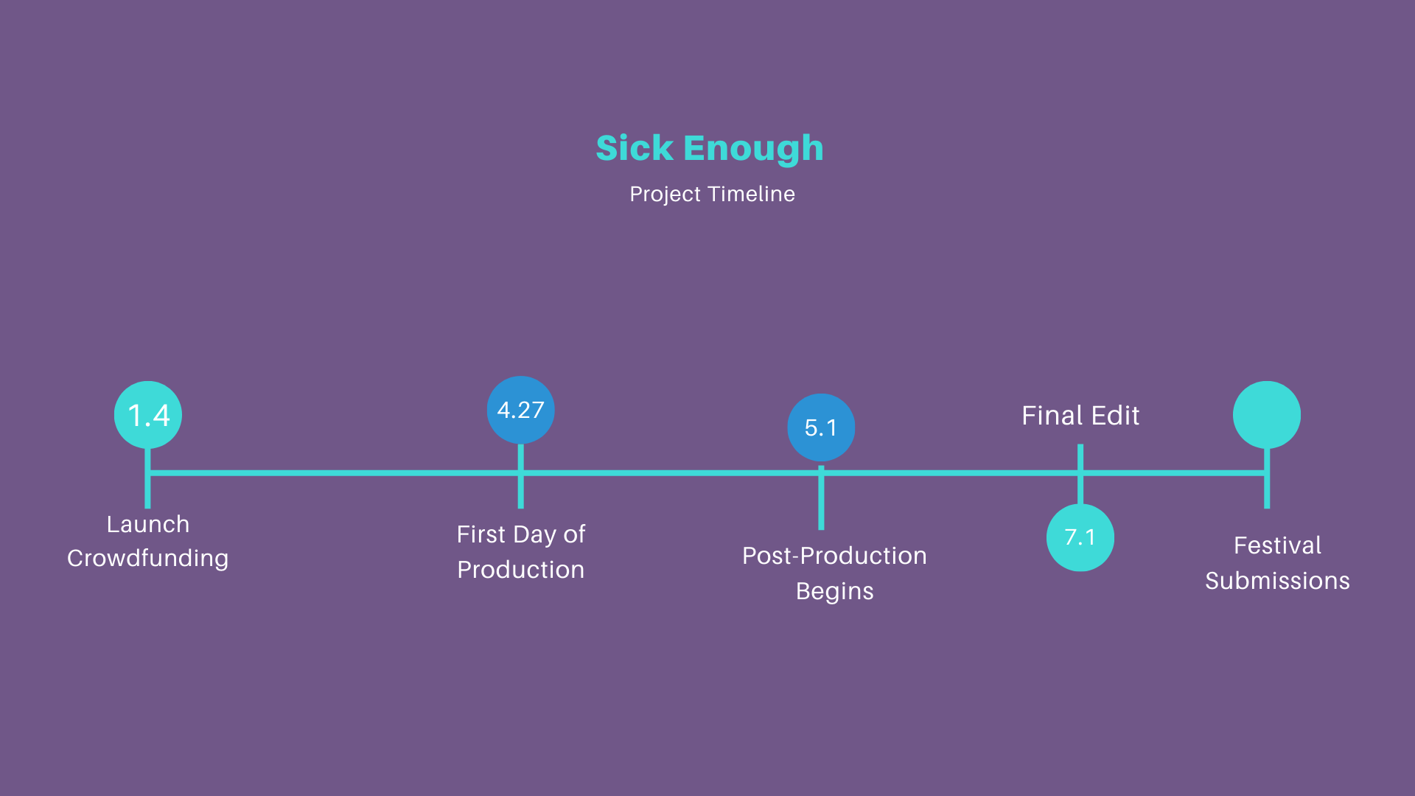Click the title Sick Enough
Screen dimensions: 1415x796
pyautogui.click(x=710, y=148)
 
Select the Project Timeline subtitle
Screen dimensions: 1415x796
pyautogui.click(x=712, y=194)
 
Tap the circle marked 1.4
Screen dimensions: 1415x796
pyautogui.click(x=148, y=415)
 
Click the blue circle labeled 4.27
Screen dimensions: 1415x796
pyautogui.click(x=521, y=410)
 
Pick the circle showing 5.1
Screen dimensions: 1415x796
pyautogui.click(x=821, y=427)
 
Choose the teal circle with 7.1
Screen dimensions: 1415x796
pyautogui.click(x=1080, y=537)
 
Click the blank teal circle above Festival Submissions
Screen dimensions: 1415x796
pyautogui.click(x=1267, y=415)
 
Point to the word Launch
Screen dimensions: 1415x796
pyautogui.click(x=148, y=524)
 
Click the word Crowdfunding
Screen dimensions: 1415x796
pyautogui.click(x=148, y=559)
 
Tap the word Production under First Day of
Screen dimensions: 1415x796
pyautogui.click(x=521, y=570)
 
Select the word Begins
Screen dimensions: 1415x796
pyautogui.click(x=835, y=591)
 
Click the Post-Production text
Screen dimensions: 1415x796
pyautogui.click(x=835, y=556)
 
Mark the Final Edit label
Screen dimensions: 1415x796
pyautogui.click(x=1080, y=416)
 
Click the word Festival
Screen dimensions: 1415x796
pyautogui.click(x=1278, y=545)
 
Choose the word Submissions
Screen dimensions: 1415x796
pyautogui.click(x=1278, y=581)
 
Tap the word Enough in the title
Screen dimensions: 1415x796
pyautogui.click(x=753, y=148)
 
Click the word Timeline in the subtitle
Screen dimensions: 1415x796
pyautogui.click(x=752, y=194)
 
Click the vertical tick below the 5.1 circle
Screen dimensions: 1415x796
pyautogui.click(x=821, y=497)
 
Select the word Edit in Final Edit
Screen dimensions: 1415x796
pyautogui.click(x=1116, y=416)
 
